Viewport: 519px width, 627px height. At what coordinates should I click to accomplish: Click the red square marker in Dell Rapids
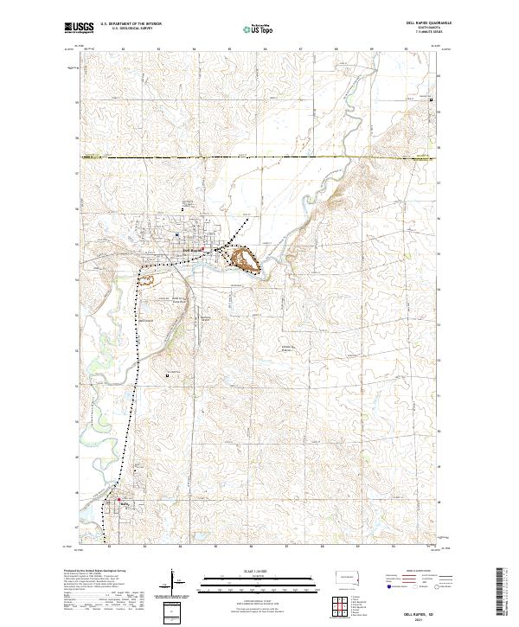pyautogui.click(x=204, y=249)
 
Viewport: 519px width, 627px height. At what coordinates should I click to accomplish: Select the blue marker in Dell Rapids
pyautogui.click(x=176, y=234)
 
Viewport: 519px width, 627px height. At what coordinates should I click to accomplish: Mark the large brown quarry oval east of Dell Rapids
pyautogui.click(x=244, y=258)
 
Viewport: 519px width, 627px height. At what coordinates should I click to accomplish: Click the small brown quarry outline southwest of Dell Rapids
pyautogui.click(x=147, y=279)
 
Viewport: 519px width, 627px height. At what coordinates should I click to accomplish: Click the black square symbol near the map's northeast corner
pyautogui.click(x=432, y=100)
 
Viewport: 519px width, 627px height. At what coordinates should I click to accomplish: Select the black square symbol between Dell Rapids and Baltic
pyautogui.click(x=168, y=375)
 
